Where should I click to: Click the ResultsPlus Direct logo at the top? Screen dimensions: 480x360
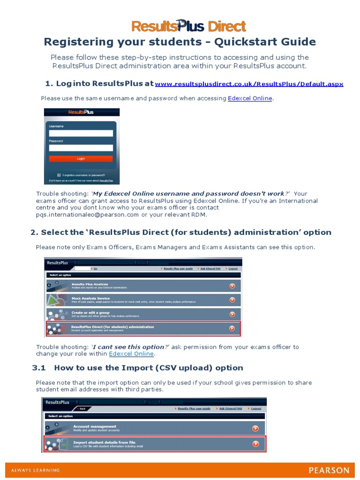188,26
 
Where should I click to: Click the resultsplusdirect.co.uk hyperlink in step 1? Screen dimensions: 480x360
249,84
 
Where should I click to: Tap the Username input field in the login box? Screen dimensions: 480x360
81,133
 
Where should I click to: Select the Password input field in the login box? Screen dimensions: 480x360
81,148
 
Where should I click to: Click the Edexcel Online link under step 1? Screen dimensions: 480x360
250,98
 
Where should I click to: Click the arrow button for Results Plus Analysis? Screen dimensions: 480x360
232,286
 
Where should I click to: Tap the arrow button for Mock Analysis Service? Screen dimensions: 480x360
232,300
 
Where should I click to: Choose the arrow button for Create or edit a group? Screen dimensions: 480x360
232,314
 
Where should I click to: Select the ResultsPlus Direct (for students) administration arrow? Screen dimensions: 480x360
232,329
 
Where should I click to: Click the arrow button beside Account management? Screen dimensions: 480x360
255,428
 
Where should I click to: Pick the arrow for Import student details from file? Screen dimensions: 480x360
255,443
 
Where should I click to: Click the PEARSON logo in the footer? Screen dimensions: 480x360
329,470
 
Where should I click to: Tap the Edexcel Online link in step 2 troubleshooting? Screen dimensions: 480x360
131,354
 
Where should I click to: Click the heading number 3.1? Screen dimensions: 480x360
40,368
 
